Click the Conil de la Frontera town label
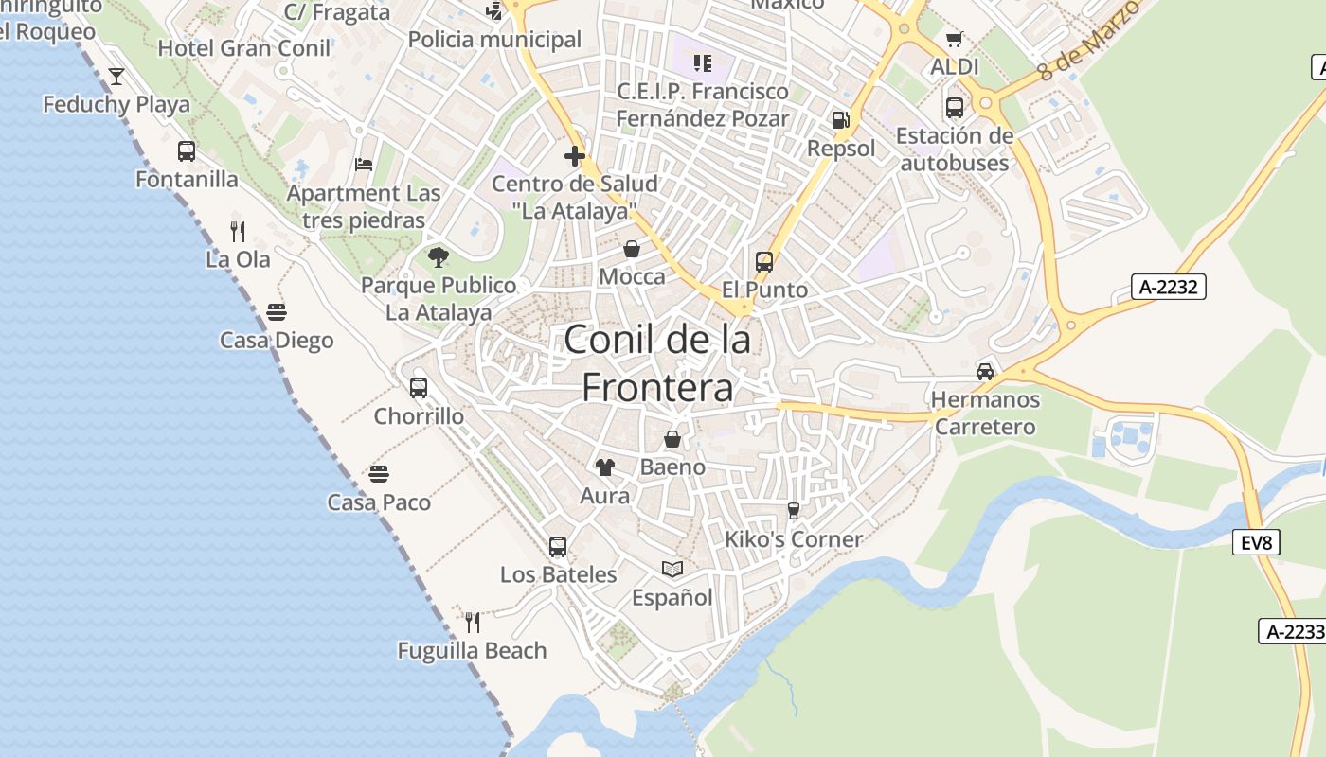657,363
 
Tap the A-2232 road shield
1168,287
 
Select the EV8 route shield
1256,542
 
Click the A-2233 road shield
1294,631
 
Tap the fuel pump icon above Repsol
840,120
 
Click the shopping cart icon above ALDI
954,39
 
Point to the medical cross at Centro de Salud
574,156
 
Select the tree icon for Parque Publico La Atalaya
438,256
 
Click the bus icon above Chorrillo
419,388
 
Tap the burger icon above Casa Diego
277,311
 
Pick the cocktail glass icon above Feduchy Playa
116,76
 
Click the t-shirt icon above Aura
605,467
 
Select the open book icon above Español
672,569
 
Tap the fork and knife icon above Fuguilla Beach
473,622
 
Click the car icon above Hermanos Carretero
985,371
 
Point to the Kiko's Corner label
793,539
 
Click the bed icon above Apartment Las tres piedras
364,165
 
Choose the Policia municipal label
494,40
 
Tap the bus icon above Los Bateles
558,546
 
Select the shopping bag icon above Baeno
672,439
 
